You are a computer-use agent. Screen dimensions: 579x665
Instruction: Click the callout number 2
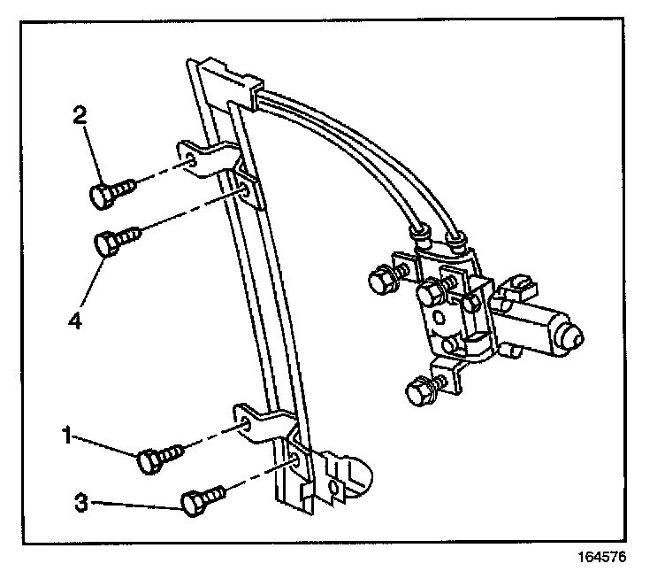(x=80, y=116)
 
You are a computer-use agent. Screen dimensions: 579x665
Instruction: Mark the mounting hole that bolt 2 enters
(x=192, y=161)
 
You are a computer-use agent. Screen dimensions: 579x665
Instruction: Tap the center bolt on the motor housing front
(x=432, y=291)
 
